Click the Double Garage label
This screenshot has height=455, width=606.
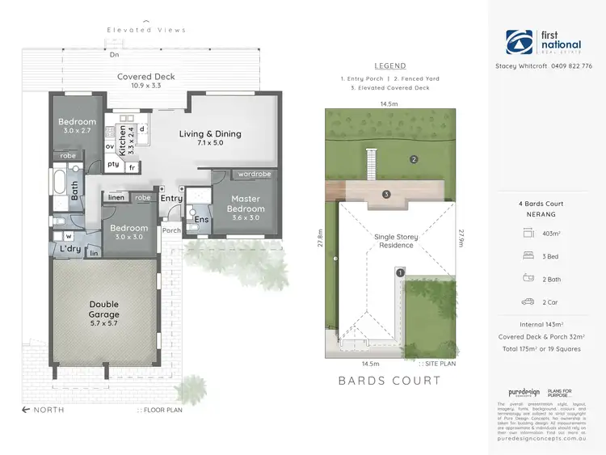tap(104, 310)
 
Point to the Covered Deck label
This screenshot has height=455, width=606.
tap(145, 77)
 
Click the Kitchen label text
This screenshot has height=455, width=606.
tap(123, 140)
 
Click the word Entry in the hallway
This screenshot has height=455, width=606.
tap(171, 198)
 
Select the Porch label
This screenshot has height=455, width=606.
tap(171, 230)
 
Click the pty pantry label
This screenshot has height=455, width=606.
tap(113, 164)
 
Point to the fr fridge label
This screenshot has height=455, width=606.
tap(131, 166)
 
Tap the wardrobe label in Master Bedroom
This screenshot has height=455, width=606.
tap(254, 174)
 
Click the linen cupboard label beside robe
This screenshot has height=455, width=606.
tap(116, 197)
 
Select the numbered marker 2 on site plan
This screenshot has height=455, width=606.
tap(414, 159)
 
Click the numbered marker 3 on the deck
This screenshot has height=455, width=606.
tap(386, 194)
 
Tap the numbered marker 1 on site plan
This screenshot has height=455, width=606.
tap(399, 273)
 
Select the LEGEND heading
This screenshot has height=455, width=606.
tap(390, 65)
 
